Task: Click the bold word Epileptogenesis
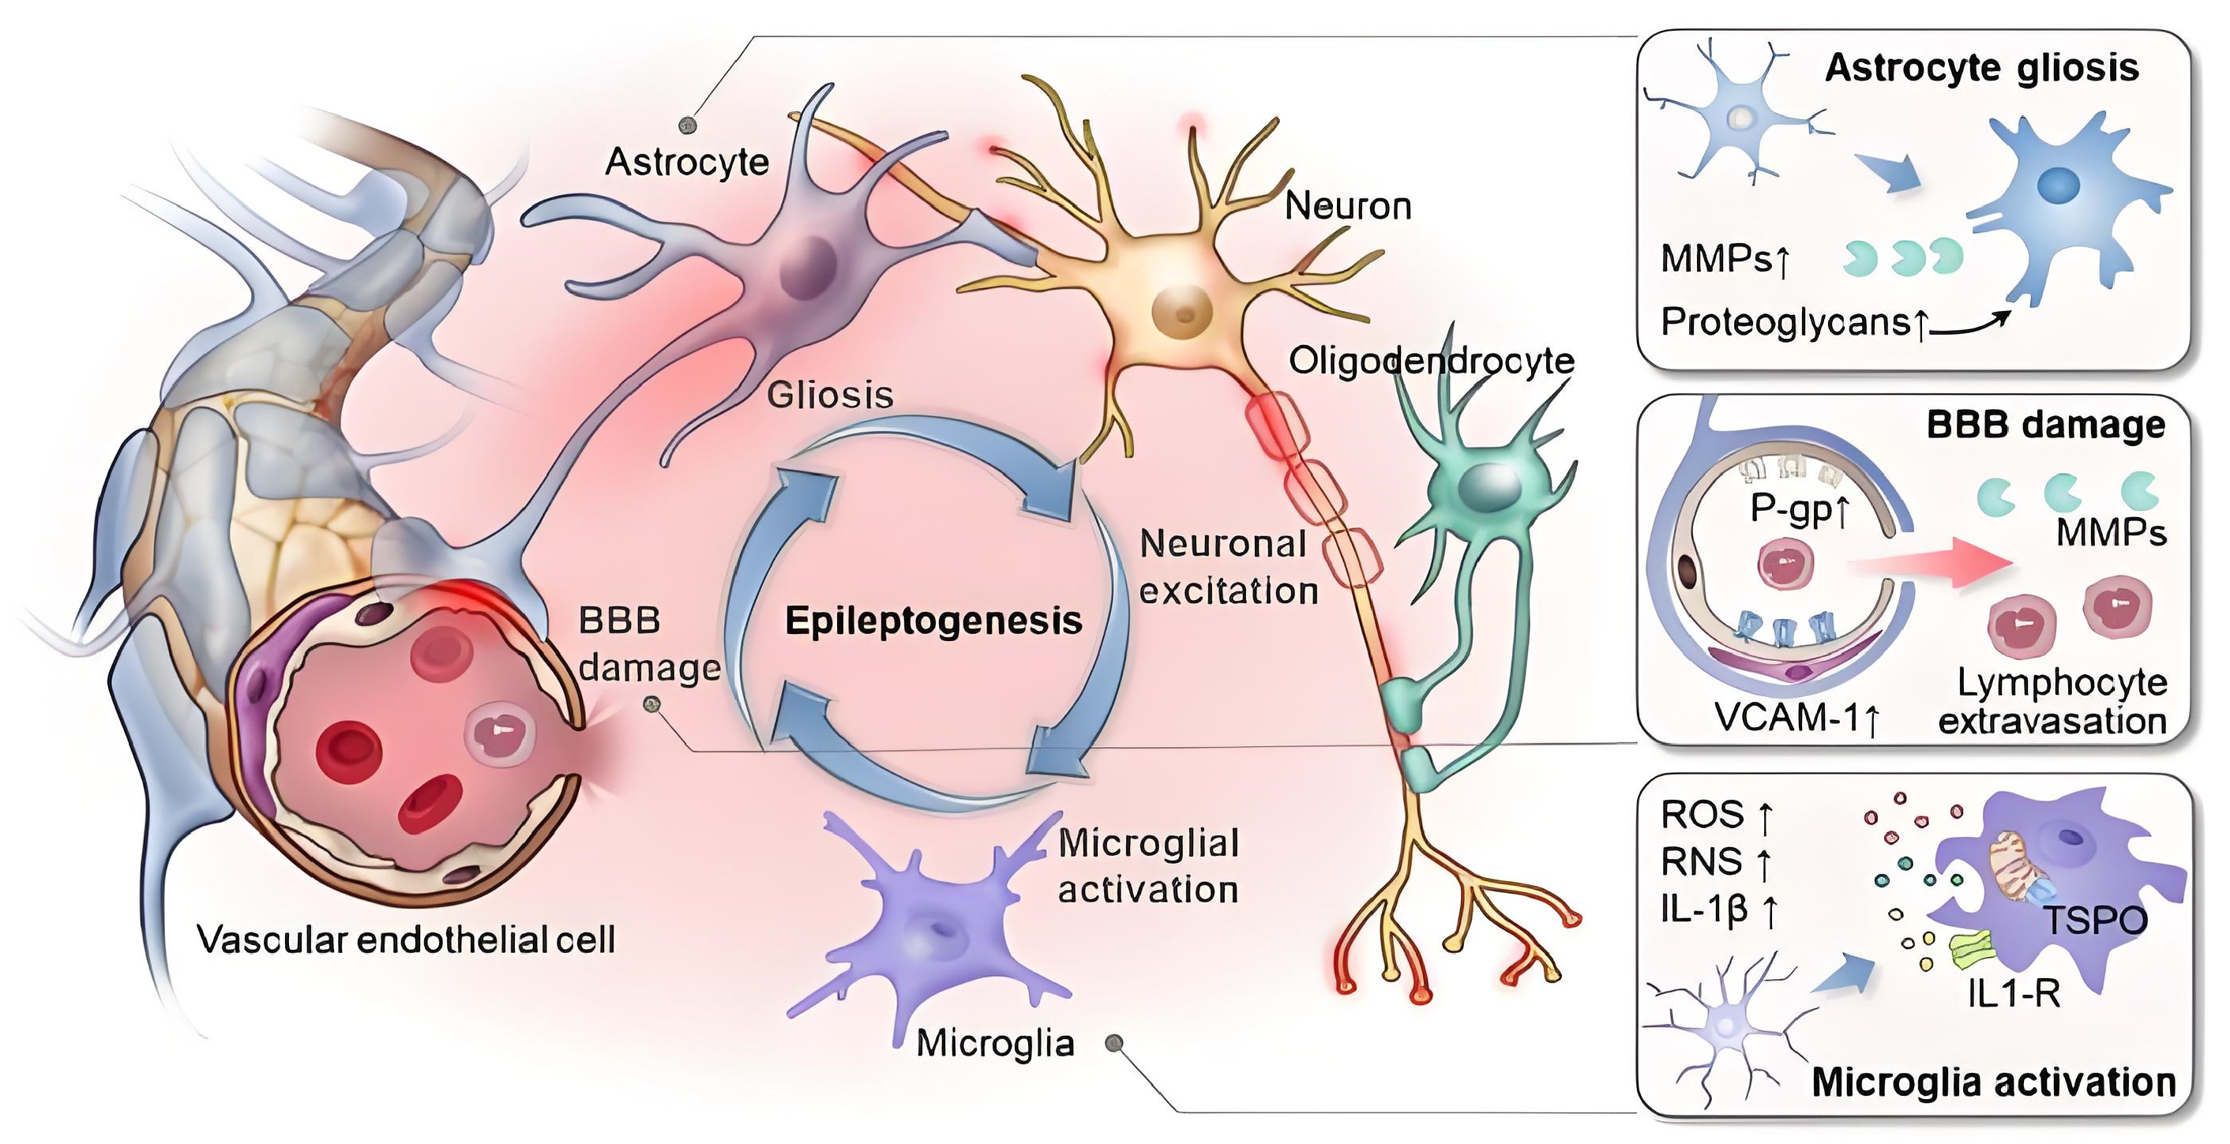pyautogui.click(x=933, y=621)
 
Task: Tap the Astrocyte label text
pyautogui.click(x=686, y=162)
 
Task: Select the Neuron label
pyautogui.click(x=1348, y=206)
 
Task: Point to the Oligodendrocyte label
pyautogui.click(x=1431, y=361)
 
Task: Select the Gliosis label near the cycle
pyautogui.click(x=829, y=396)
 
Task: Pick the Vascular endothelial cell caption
pyautogui.click(x=405, y=940)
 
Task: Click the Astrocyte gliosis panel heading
pyautogui.click(x=1980, y=67)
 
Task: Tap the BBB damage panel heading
pyautogui.click(x=2044, y=425)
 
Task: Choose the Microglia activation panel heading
pyautogui.click(x=1993, y=1082)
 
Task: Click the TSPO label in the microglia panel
pyautogui.click(x=2095, y=920)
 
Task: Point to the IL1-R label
pyautogui.click(x=2014, y=994)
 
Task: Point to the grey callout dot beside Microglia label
pyautogui.click(x=1115, y=1044)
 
